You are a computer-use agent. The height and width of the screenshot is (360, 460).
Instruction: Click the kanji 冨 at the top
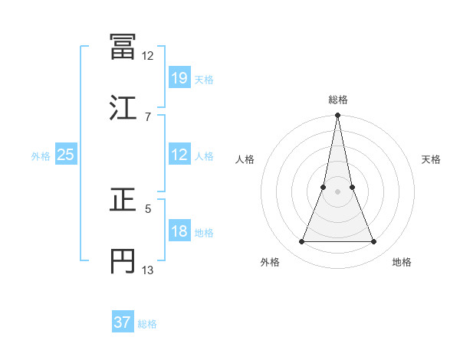pyautogui.click(x=123, y=47)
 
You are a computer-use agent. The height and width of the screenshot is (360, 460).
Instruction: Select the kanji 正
pyautogui.click(x=123, y=200)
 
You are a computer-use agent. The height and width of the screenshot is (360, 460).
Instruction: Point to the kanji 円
pyautogui.click(x=123, y=260)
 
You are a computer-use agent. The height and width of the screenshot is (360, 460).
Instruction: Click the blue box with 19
pyautogui.click(x=179, y=77)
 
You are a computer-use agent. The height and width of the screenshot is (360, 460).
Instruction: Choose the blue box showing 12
pyautogui.click(x=179, y=155)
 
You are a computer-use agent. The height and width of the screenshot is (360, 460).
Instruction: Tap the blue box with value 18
pyautogui.click(x=179, y=232)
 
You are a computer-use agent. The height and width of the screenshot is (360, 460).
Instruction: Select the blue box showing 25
pyautogui.click(x=65, y=155)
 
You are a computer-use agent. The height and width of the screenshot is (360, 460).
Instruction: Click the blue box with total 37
pyautogui.click(x=122, y=322)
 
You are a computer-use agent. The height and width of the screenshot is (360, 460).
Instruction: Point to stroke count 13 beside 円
pyautogui.click(x=148, y=270)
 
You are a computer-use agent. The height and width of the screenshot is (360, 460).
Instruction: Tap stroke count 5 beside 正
pyautogui.click(x=148, y=208)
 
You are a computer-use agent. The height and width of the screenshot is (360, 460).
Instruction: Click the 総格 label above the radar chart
pyautogui.click(x=338, y=100)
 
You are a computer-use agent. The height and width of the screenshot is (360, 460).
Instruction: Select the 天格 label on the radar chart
pyautogui.click(x=432, y=159)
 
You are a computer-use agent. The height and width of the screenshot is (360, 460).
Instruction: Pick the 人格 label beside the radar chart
pyautogui.click(x=245, y=159)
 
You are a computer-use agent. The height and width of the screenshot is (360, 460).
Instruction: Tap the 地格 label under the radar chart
pyautogui.click(x=402, y=263)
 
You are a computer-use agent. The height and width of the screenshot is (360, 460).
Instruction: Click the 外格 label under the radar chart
pyautogui.click(x=269, y=263)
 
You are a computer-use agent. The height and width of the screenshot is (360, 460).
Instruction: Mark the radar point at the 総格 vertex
pyautogui.click(x=338, y=116)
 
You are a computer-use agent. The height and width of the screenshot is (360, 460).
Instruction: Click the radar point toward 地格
pyautogui.click(x=374, y=242)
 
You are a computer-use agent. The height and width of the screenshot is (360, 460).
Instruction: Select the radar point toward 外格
pyautogui.click(x=301, y=242)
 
